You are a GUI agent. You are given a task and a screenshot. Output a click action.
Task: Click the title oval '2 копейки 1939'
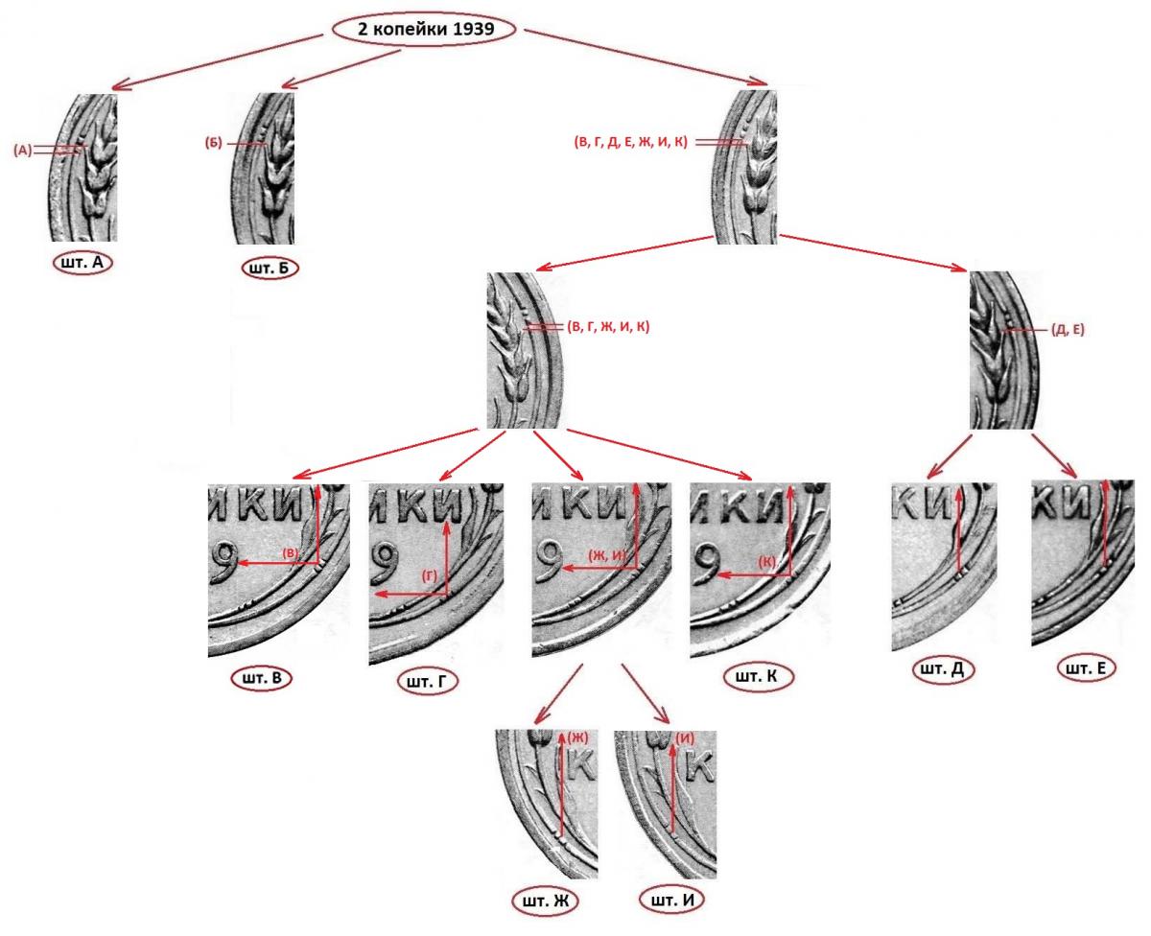coord(425,29)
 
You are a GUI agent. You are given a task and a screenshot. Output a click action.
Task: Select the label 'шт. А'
coord(82,263)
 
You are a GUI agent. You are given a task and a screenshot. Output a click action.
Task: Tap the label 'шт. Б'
coord(270,269)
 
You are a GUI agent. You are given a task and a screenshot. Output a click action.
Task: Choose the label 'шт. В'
coord(262,678)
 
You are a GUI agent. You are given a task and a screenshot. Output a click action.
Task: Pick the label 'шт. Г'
coord(428,682)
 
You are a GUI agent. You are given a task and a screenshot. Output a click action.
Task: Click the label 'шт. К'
coord(757,677)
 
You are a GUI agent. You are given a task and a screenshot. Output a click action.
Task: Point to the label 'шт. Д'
coord(943,669)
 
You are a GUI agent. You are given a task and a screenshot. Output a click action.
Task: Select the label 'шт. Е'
coord(1086,668)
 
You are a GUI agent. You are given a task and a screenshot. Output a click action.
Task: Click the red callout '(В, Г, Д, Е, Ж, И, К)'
coord(630,142)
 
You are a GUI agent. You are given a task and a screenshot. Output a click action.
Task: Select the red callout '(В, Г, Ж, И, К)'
coord(608,326)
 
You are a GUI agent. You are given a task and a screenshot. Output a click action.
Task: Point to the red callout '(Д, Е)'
coord(1068,330)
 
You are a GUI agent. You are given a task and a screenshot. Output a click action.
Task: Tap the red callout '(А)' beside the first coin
coord(23,151)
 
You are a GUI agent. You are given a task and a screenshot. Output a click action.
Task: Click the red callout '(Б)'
coord(214,143)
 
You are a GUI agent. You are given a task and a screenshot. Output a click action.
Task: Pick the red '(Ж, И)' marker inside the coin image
coord(606,555)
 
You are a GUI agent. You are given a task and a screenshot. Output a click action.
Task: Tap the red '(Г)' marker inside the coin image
coord(429,576)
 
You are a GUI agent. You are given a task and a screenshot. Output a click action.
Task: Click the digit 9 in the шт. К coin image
coord(707,566)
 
